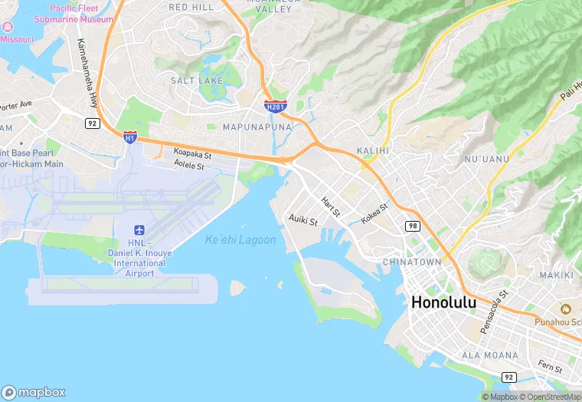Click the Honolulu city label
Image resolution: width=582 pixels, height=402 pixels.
pyautogui.click(x=443, y=302)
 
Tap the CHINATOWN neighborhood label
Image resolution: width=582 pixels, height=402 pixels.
pyautogui.click(x=412, y=262)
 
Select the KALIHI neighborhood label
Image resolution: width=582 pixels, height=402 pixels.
pyautogui.click(x=373, y=150)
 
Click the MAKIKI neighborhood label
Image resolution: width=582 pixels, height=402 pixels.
pyautogui.click(x=556, y=275)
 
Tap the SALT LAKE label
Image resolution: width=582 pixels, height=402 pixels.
pyautogui.click(x=197, y=81)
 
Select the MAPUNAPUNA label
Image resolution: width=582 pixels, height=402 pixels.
pyautogui.click(x=257, y=126)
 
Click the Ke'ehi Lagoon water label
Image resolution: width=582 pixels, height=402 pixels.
pyautogui.click(x=240, y=240)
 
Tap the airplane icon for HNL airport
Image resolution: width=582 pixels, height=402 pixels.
pyautogui.click(x=139, y=230)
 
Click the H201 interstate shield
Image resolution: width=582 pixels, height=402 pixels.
pyautogui.click(x=276, y=106)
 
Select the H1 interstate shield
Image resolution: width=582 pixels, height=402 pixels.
pyautogui.click(x=130, y=137)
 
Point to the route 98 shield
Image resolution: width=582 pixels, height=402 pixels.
pyautogui.click(x=413, y=225)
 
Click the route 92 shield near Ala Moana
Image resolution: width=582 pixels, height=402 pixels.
pyautogui.click(x=508, y=377)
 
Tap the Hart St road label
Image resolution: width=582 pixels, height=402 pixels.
pyautogui.click(x=331, y=205)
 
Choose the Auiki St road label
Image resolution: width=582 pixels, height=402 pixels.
pyautogui.click(x=303, y=219)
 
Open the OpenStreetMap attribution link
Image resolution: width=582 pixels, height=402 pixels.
pyautogui.click(x=549, y=397)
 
